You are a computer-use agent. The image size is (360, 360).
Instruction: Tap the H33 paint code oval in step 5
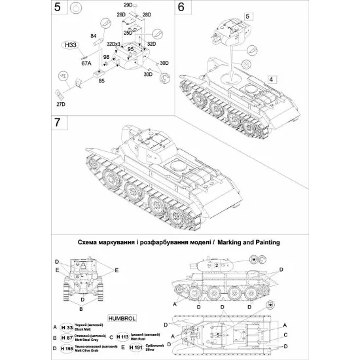(x=67, y=45)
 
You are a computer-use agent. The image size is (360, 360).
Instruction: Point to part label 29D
(x=128, y=5)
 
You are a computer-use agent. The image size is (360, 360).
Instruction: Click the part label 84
(x=93, y=36)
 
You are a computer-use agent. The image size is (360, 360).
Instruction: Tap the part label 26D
(x=121, y=14)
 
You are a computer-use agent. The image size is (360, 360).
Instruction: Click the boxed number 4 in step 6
(x=269, y=79)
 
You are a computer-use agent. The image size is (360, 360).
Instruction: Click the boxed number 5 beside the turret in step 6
(x=247, y=14)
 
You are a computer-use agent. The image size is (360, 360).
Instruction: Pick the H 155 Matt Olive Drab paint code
(x=67, y=347)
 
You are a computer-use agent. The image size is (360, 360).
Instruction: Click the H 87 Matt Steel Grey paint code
(x=67, y=335)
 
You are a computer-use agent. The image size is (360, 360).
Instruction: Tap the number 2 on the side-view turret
(x=216, y=265)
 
